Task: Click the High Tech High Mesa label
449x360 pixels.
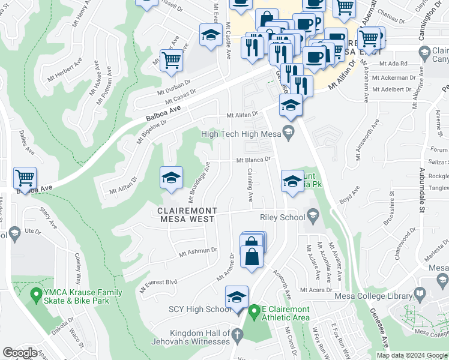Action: [241, 134]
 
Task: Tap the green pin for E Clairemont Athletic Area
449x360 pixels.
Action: [254, 310]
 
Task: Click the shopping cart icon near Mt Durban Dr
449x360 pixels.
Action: [171, 60]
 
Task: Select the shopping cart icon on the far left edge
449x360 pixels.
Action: [25, 178]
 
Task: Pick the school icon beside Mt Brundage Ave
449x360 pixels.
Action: [171, 178]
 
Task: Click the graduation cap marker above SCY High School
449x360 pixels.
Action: [237, 297]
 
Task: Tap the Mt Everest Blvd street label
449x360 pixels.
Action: [159, 286]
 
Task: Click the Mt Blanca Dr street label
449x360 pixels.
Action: [253, 160]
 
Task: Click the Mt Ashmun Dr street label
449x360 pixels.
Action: [197, 253]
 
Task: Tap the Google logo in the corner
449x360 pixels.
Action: [20, 353]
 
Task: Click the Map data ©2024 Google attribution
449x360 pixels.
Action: [411, 355]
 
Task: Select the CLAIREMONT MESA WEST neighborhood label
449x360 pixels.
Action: [186, 215]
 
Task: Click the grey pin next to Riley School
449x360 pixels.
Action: [312, 215]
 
